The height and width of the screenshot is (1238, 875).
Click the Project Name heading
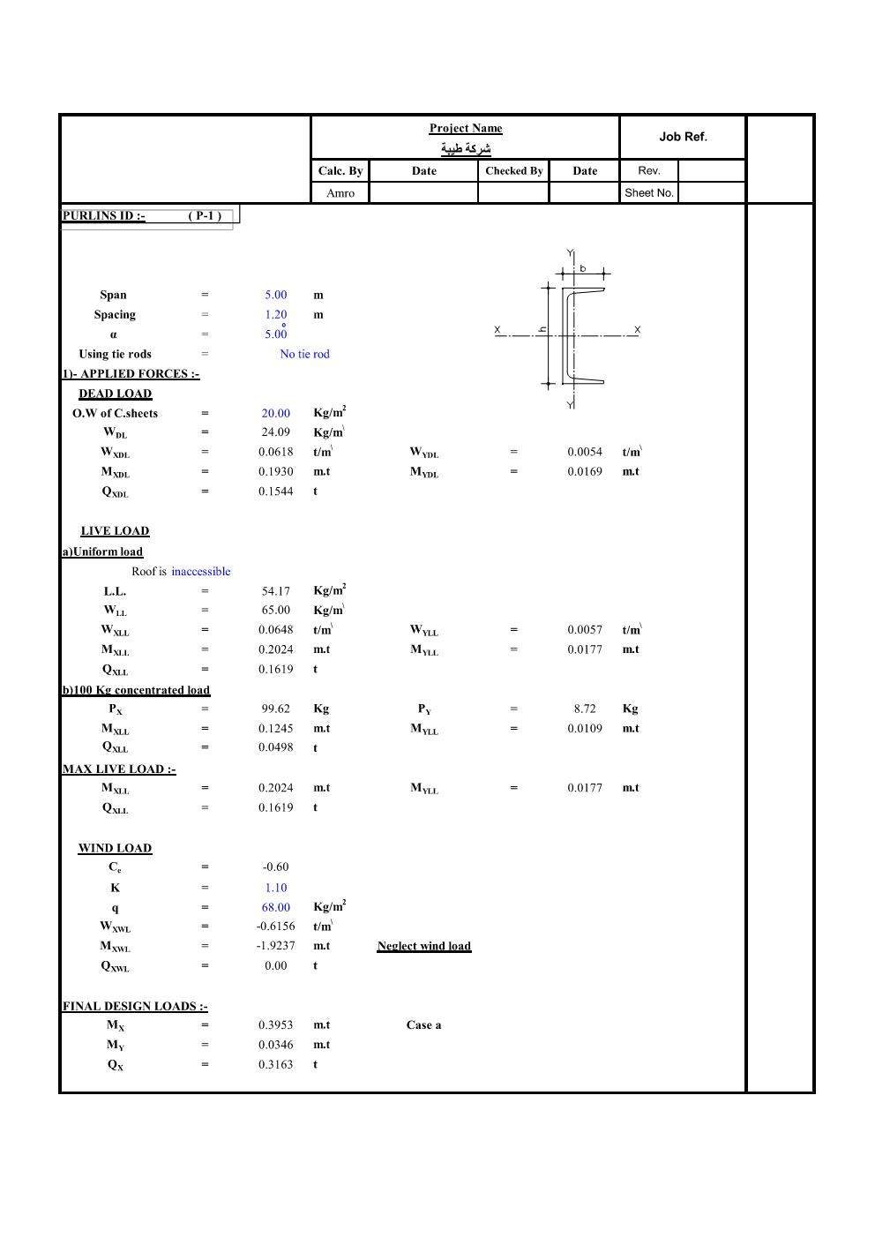click(x=466, y=128)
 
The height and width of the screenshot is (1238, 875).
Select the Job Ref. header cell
click(x=683, y=137)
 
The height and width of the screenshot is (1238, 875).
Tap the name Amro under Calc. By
click(x=340, y=193)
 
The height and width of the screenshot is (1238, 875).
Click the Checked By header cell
click(x=513, y=171)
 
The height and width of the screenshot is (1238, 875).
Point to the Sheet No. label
click(x=648, y=192)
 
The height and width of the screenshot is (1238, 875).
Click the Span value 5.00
click(x=276, y=296)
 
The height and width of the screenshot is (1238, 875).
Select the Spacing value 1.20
click(x=276, y=315)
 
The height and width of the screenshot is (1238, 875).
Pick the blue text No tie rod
click(x=304, y=355)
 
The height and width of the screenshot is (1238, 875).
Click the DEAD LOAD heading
click(x=115, y=394)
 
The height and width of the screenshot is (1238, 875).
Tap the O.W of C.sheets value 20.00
click(x=275, y=413)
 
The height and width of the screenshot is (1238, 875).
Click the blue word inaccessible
click(x=200, y=572)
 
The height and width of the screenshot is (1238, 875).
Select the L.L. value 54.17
click(x=275, y=591)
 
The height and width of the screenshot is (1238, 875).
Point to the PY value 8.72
click(x=584, y=709)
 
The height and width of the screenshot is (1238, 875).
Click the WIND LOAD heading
click(x=115, y=848)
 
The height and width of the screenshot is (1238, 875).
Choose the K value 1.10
click(x=276, y=889)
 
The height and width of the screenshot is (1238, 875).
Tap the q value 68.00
click(x=275, y=907)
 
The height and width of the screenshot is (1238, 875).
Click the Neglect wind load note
click(x=423, y=946)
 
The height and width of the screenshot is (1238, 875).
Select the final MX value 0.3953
click(x=275, y=1025)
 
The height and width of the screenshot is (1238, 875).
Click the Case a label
click(x=423, y=1025)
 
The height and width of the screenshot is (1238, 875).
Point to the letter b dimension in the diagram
click(x=583, y=268)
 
